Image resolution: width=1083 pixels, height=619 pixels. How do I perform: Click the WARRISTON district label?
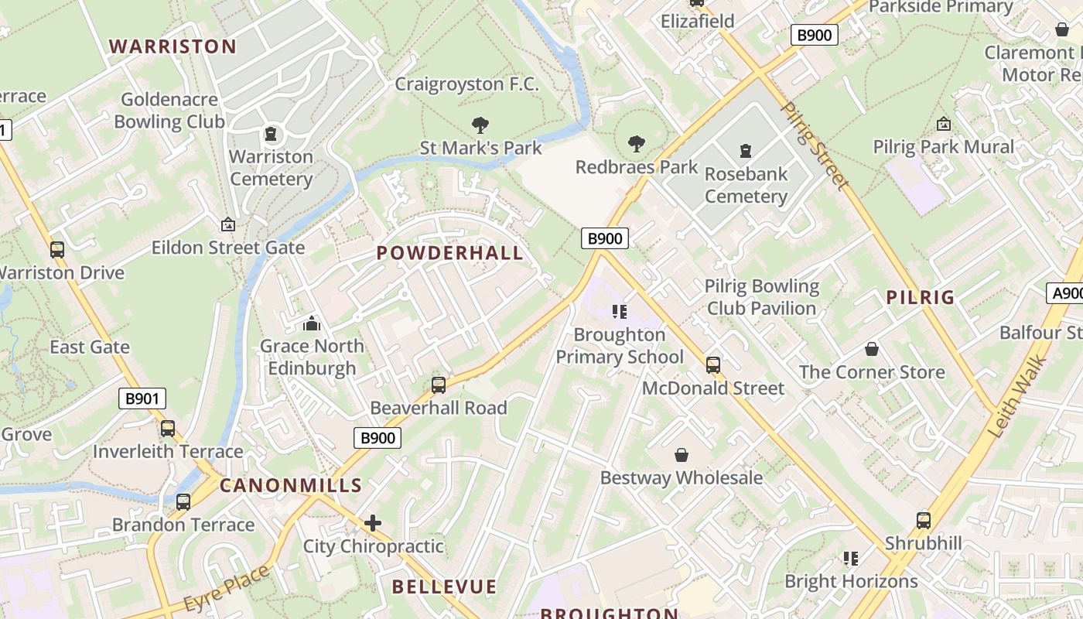pyautogui.click(x=173, y=46)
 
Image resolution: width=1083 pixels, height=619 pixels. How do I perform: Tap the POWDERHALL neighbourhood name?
pyautogui.click(x=449, y=253)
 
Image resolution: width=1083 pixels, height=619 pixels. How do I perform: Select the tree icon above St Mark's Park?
pyautogui.click(x=480, y=125)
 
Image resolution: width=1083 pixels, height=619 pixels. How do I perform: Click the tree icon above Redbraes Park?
pyautogui.click(x=637, y=143)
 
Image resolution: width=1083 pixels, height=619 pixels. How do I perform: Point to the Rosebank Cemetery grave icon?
pyautogui.click(x=746, y=150)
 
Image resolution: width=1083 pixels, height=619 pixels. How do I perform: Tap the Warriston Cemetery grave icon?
pyautogui.click(x=271, y=134)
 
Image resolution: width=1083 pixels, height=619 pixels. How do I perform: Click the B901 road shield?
pyautogui.click(x=142, y=399)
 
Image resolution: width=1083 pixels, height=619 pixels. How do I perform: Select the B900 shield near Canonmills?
pyautogui.click(x=378, y=438)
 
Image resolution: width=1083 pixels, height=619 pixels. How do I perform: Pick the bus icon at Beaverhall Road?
pyautogui.click(x=439, y=385)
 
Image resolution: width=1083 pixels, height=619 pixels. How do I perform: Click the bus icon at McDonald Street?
pyautogui.click(x=713, y=364)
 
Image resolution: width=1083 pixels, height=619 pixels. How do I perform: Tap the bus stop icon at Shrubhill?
pyautogui.click(x=923, y=520)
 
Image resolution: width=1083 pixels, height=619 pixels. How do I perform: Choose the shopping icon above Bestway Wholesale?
pyautogui.click(x=682, y=455)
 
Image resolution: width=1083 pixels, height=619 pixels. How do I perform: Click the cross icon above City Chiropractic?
pyautogui.click(x=373, y=523)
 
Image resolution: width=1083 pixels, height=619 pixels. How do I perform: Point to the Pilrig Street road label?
pyautogui.click(x=815, y=145)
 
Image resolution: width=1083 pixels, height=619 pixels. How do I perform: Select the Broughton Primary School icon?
pyautogui.click(x=619, y=311)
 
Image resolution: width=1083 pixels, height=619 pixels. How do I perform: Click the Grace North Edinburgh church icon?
pyautogui.click(x=312, y=323)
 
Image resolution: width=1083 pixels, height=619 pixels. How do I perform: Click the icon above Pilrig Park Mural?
pyautogui.click(x=944, y=124)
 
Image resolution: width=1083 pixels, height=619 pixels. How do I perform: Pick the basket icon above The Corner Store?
pyautogui.click(x=872, y=349)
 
